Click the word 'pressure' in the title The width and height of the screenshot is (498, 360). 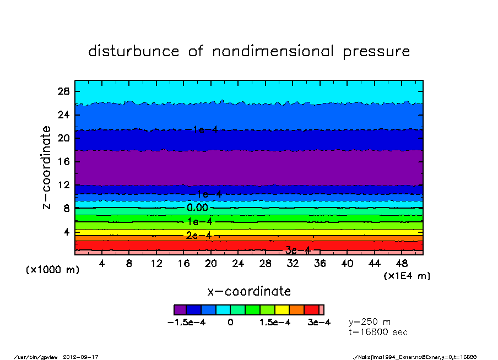pyautogui.click(x=376, y=52)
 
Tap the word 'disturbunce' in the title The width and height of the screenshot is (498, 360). pyautogui.click(x=134, y=51)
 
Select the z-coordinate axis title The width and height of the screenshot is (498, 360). pyautogui.click(x=47, y=167)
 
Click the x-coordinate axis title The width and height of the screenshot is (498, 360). pyautogui.click(x=249, y=291)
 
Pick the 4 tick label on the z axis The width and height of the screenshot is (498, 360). pyautogui.click(x=68, y=232)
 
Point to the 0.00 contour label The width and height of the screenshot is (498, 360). pyautogui.click(x=197, y=208)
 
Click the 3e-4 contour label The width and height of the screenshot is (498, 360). pyautogui.click(x=297, y=250)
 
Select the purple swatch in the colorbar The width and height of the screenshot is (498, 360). pyautogui.click(x=180, y=310)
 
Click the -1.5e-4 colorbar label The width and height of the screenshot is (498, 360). pyautogui.click(x=186, y=323)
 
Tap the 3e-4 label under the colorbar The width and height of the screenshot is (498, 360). pyautogui.click(x=319, y=323)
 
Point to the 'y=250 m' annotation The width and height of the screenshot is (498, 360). pyautogui.click(x=370, y=321)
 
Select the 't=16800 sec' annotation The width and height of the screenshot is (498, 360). pyautogui.click(x=378, y=332)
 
